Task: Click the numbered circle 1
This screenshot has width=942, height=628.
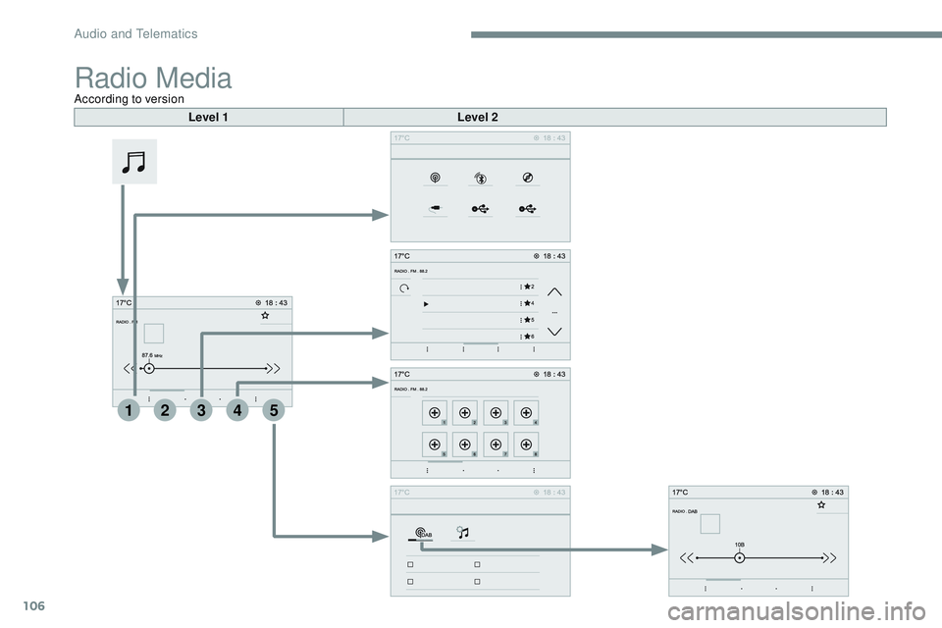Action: coord(129,413)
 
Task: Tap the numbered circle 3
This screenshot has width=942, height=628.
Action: coord(201,413)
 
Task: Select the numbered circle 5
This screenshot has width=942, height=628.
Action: coord(274,413)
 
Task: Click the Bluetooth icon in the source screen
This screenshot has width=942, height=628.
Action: coord(481,179)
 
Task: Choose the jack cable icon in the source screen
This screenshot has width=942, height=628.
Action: coord(435,209)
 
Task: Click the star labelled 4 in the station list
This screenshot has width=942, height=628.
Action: coord(529,303)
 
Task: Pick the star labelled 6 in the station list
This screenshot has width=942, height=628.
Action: coord(529,336)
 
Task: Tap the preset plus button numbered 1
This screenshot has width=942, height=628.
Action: coord(436,414)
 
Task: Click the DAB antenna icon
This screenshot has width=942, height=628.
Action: coord(422,533)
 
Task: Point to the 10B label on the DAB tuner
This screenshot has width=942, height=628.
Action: coord(739,542)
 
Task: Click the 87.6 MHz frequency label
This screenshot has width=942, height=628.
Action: coord(152,355)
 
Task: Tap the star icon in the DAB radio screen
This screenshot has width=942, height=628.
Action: coord(820,503)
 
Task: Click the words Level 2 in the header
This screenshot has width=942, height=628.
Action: coord(478,118)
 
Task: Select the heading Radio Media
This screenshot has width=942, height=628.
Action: coord(153,78)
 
